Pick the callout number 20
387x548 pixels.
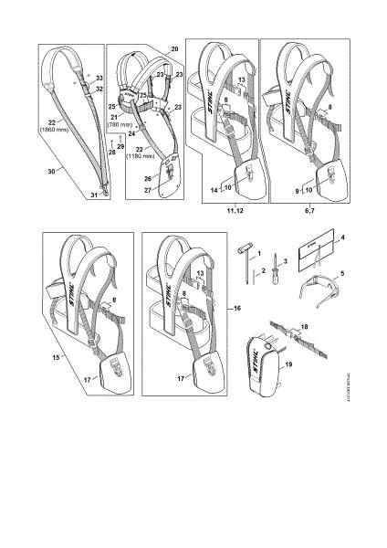pyautogui.click(x=174, y=47)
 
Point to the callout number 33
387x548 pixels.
pyautogui.click(x=99, y=79)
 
